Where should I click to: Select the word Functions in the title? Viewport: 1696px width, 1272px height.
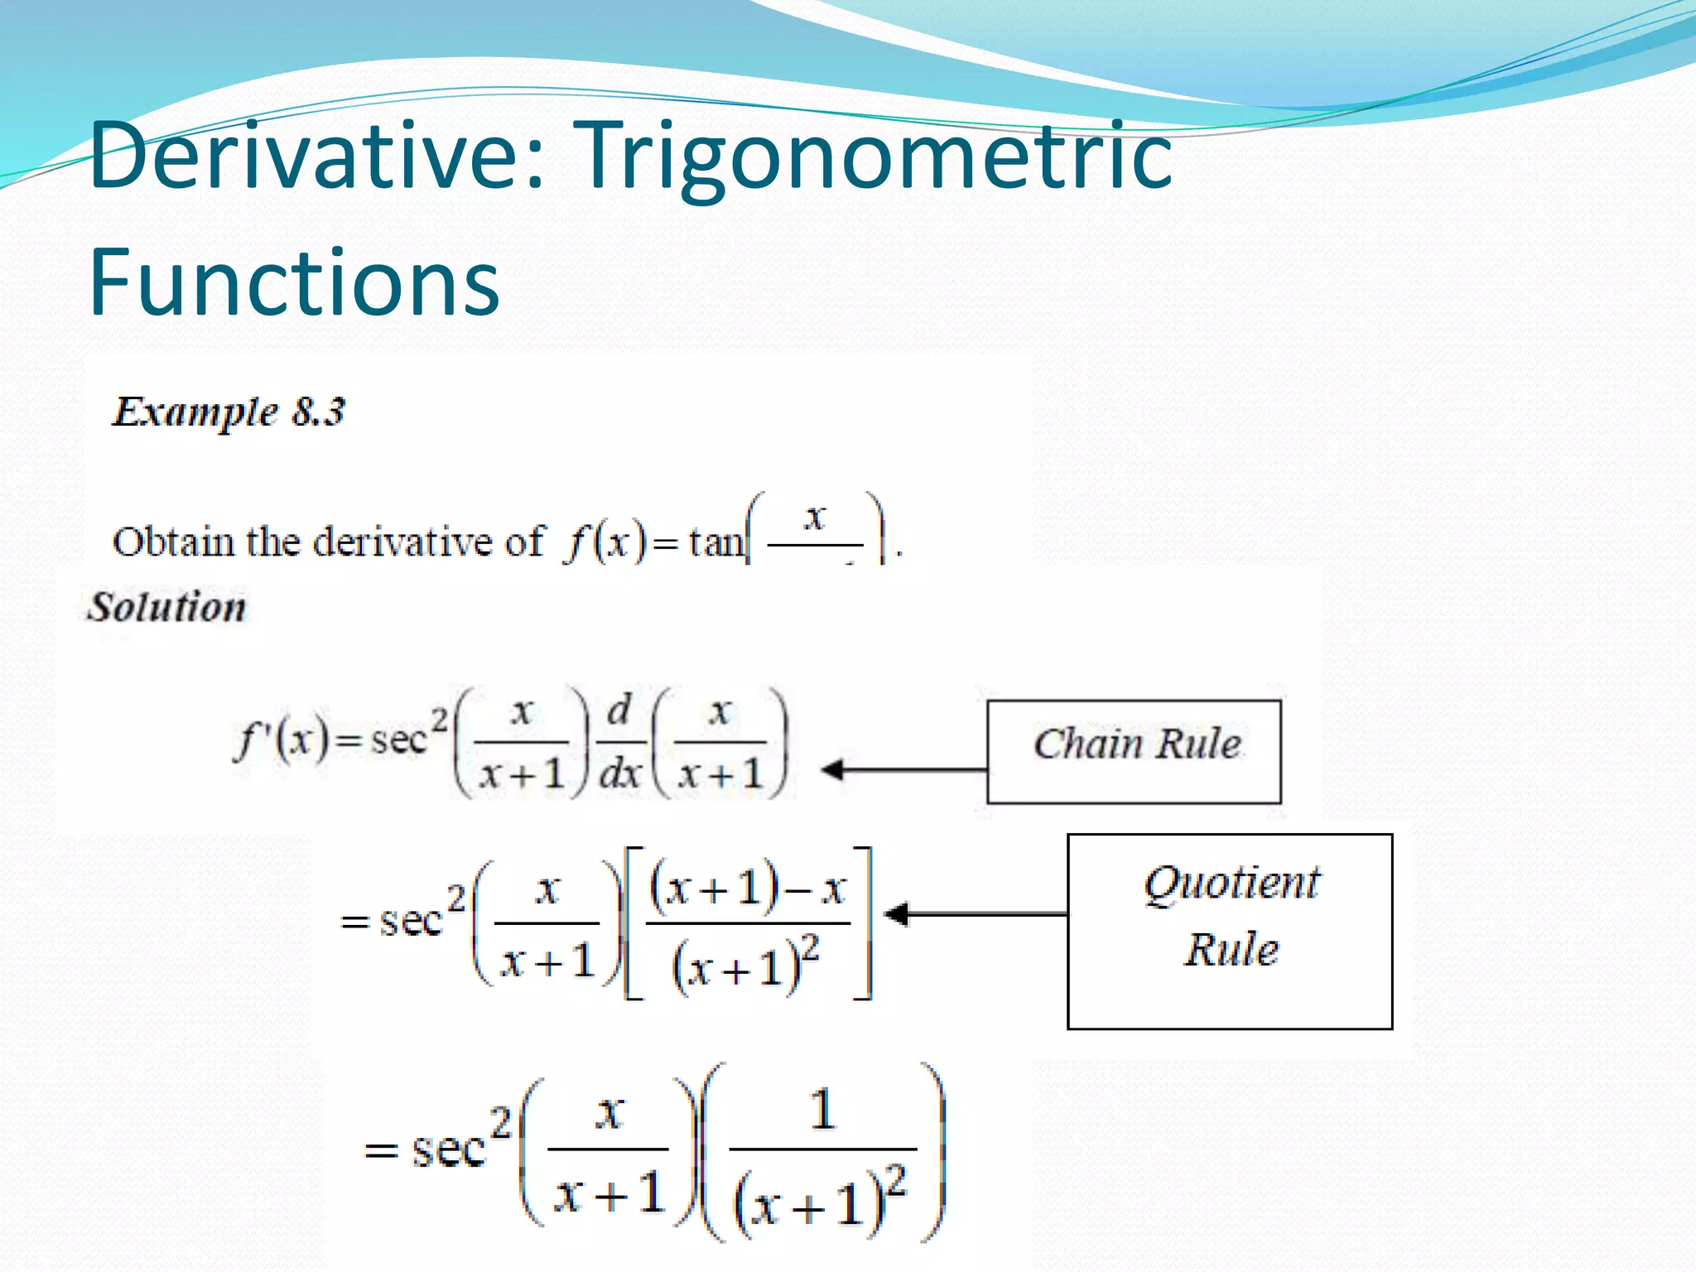[294, 283]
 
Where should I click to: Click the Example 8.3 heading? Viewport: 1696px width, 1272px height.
[228, 412]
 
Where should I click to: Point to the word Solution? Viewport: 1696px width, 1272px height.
[166, 607]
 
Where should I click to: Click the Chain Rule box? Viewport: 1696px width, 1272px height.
[1134, 751]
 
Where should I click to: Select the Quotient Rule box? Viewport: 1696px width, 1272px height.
[1230, 931]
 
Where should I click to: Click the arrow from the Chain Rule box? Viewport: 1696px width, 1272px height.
[903, 769]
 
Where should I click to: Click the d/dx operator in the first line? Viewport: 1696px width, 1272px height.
[619, 743]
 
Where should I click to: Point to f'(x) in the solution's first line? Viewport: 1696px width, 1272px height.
[281, 740]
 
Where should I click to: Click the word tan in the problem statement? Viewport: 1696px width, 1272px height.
[716, 543]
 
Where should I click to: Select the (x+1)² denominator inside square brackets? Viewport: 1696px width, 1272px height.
[746, 964]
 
